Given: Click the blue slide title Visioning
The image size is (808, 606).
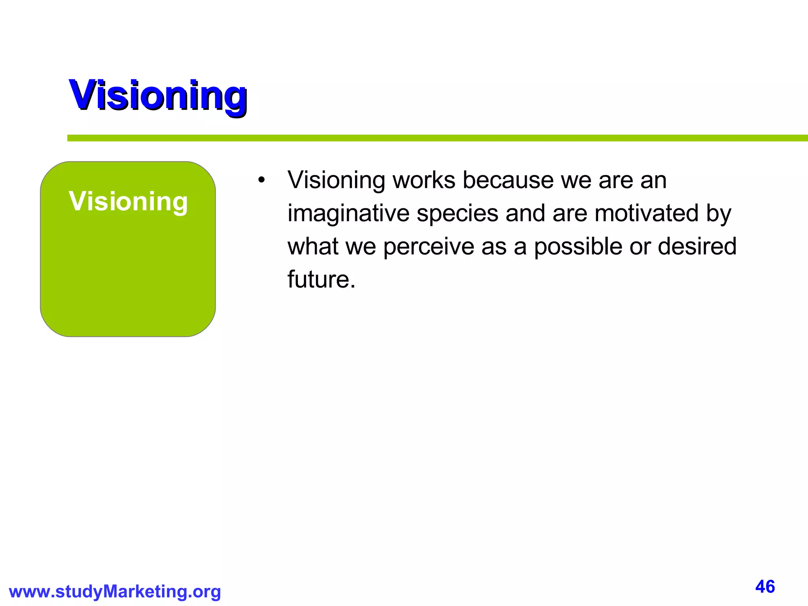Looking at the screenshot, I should click(158, 96).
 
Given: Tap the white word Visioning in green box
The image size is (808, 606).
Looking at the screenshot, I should click(128, 202).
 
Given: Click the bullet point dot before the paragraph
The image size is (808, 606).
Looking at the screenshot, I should click(261, 181).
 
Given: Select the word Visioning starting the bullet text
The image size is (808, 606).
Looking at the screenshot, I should click(336, 181).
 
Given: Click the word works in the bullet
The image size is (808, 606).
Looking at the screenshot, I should click(424, 181).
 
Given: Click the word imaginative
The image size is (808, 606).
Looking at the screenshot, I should click(348, 214).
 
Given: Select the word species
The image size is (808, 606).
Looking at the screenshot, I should click(457, 214).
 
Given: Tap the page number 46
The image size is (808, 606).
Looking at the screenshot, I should click(765, 587).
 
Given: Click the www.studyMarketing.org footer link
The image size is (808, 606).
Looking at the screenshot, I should click(115, 591).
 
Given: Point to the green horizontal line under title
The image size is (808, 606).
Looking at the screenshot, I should click(434, 138).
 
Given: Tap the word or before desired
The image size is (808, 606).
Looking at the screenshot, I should click(640, 247).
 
